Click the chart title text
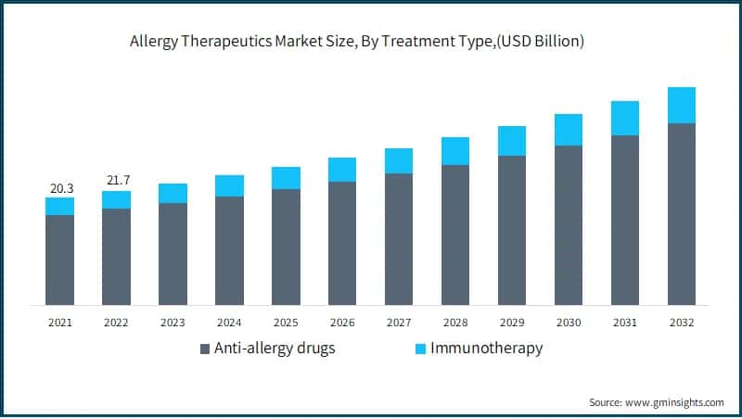pyautogui.click(x=370, y=42)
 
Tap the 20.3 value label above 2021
pyautogui.click(x=61, y=188)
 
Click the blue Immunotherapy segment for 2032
pyautogui.click(x=682, y=105)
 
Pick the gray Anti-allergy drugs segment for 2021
pyautogui.click(x=60, y=260)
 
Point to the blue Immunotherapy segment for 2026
pyautogui.click(x=342, y=170)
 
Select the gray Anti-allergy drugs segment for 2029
pyautogui.click(x=512, y=230)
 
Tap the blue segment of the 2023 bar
pyautogui.click(x=173, y=193)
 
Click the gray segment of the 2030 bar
pyautogui.click(x=569, y=225)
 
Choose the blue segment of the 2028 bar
pyautogui.click(x=455, y=151)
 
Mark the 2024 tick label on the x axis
pyautogui.click(x=229, y=323)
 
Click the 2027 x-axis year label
pyautogui.click(x=399, y=323)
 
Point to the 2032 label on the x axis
pyautogui.click(x=682, y=323)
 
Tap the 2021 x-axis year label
pyautogui.click(x=60, y=323)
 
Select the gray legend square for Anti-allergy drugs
pyautogui.click(x=206, y=349)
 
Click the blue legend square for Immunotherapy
pyautogui.click(x=420, y=349)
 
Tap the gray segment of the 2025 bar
pyautogui.click(x=286, y=247)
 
